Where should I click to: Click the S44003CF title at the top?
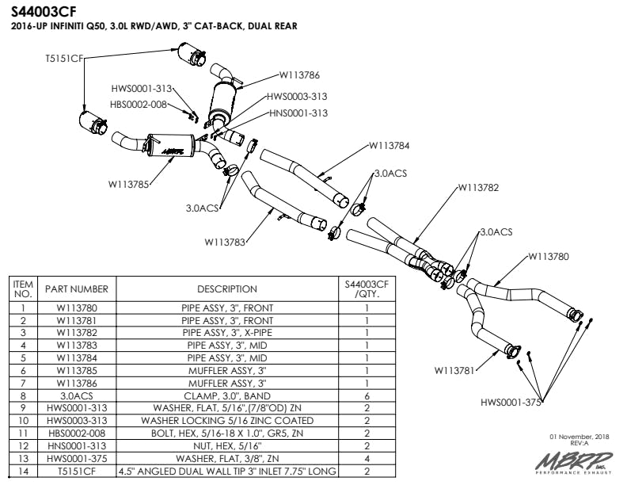point(44,12)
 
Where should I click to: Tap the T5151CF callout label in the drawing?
point(64,59)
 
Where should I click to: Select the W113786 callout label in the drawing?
point(299,74)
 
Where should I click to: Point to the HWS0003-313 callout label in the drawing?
point(297,97)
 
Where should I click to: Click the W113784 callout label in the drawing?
point(389,146)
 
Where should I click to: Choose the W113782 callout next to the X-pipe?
point(478,188)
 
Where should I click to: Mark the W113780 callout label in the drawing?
point(548,257)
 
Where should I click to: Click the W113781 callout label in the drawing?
point(454,371)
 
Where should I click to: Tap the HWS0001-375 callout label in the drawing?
point(511,402)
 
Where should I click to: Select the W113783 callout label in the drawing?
point(225,242)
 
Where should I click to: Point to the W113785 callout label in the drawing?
point(128,185)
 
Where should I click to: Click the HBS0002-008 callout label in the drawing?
point(139,105)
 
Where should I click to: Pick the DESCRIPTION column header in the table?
point(227,289)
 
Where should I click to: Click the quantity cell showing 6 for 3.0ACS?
point(367,396)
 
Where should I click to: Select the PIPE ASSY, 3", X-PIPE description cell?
point(227,333)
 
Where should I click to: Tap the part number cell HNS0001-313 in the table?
point(77,446)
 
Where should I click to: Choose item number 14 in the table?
point(23,471)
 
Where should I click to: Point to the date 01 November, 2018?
point(579,437)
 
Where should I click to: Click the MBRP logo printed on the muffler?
point(173,151)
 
